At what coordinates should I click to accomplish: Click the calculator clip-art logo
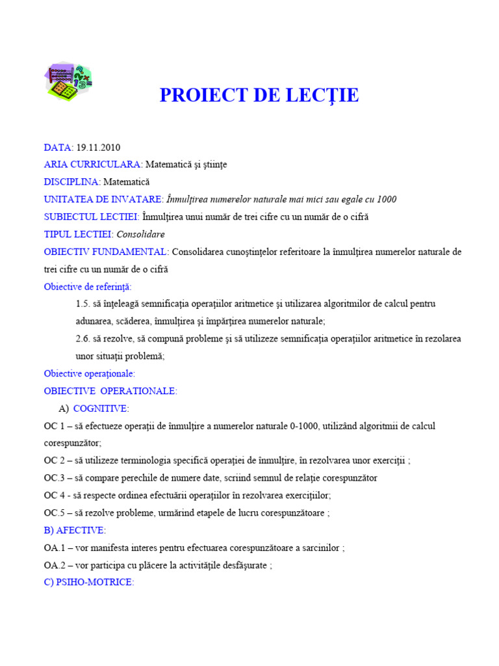tap(68, 82)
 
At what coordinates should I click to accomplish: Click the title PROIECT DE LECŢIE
tap(259, 96)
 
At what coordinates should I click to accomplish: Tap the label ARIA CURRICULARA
tap(93, 165)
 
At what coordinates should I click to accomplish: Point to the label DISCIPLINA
tap(72, 182)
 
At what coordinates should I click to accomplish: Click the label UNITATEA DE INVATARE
tap(103, 199)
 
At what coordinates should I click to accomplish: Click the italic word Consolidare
tap(141, 234)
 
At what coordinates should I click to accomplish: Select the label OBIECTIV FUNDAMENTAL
tap(106, 252)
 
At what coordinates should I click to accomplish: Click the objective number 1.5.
tap(83, 304)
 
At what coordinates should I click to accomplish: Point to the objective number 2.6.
tap(83, 339)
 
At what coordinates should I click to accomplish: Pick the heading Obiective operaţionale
tap(89, 373)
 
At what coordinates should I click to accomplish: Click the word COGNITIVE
tap(101, 408)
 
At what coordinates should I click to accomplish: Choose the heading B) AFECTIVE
tap(75, 530)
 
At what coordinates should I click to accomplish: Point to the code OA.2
tap(56, 565)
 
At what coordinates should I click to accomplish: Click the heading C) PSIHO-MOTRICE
tap(88, 583)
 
